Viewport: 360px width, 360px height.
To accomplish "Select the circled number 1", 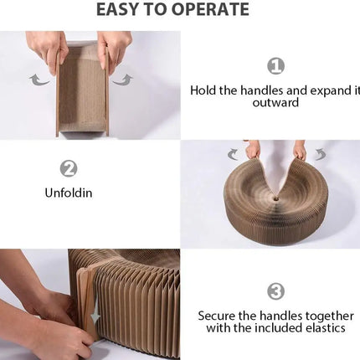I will (275, 65).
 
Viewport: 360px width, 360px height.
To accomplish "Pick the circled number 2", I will (68, 167).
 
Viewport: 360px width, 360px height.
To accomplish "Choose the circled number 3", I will (275, 291).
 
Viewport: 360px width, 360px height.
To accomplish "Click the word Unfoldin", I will (69, 193).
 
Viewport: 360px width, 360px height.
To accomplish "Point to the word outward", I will (275, 103).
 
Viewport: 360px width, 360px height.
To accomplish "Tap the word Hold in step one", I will (205, 90).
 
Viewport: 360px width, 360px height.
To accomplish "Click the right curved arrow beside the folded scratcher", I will (123, 80).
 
